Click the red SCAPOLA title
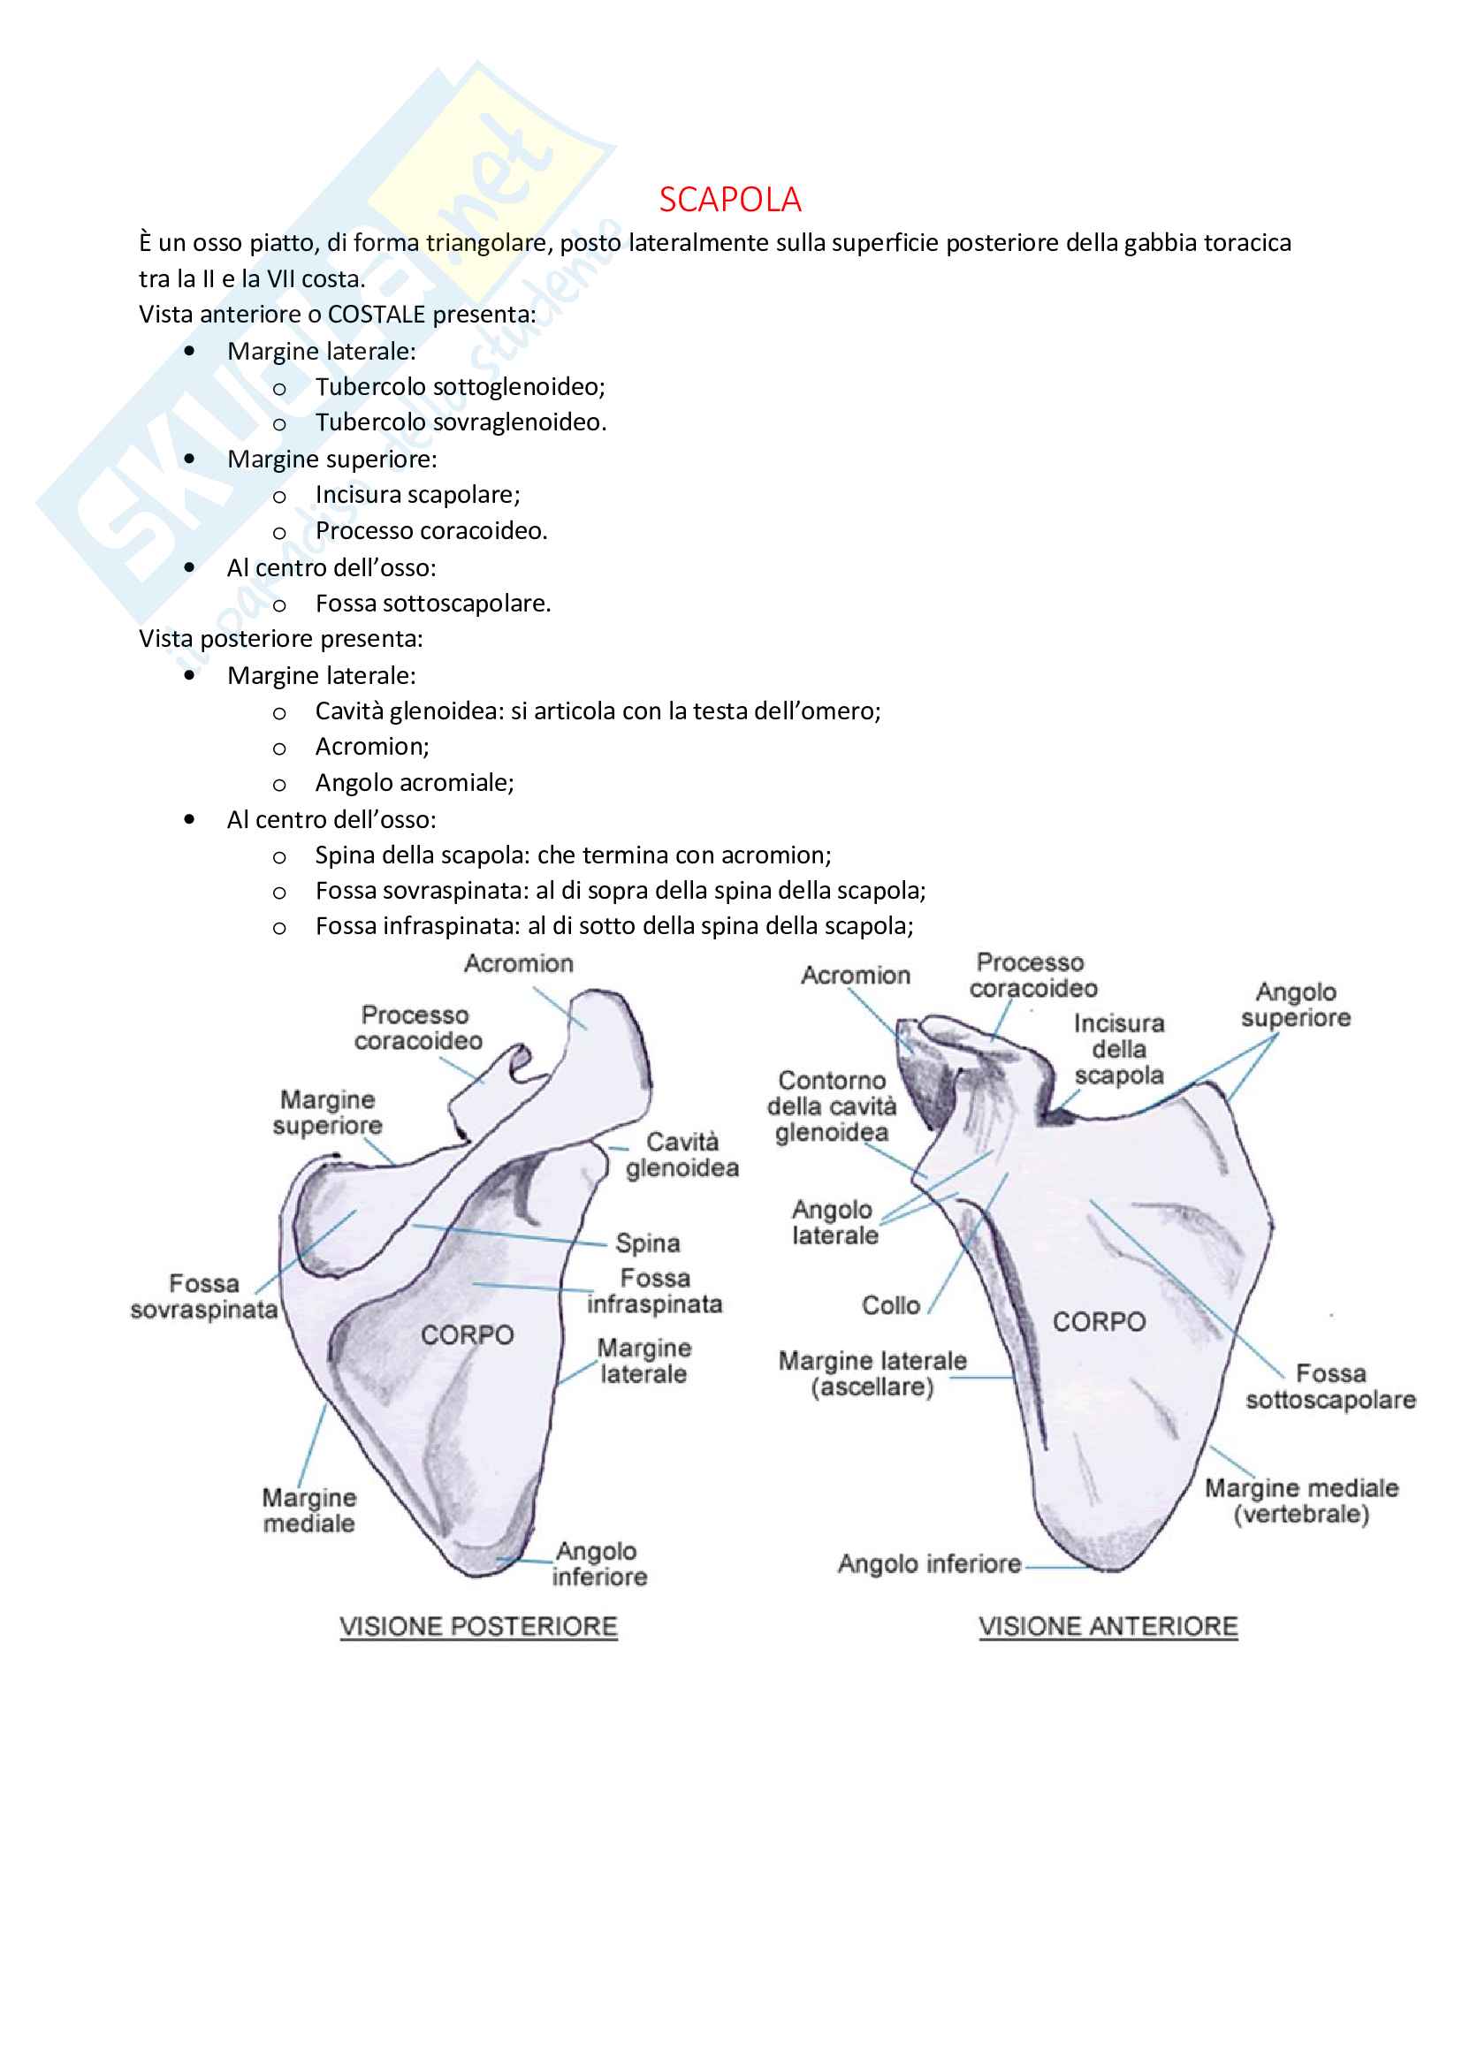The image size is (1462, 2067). click(729, 199)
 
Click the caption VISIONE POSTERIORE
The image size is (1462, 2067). click(478, 1627)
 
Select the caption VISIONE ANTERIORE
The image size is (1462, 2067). click(1108, 1627)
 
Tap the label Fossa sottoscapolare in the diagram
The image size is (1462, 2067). click(1329, 1387)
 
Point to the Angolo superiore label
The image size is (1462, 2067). click(1296, 1005)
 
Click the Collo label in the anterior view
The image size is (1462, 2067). click(890, 1305)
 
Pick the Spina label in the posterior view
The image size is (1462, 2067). click(647, 1243)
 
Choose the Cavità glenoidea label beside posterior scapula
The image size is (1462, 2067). click(682, 1155)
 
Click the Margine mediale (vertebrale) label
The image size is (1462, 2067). click(1301, 1501)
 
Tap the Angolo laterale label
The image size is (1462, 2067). click(834, 1222)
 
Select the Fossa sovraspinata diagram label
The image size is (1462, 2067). click(203, 1296)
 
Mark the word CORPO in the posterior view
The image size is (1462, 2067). click(468, 1335)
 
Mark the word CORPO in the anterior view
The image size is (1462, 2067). click(1100, 1321)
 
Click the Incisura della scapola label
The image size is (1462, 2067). click(1119, 1050)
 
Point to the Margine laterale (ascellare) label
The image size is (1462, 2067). click(872, 1374)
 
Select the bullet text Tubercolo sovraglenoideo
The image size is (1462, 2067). click(460, 422)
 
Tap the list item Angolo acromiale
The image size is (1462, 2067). click(414, 783)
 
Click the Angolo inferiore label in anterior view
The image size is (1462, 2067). click(929, 1564)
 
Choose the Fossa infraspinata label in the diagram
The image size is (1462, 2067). click(654, 1291)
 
